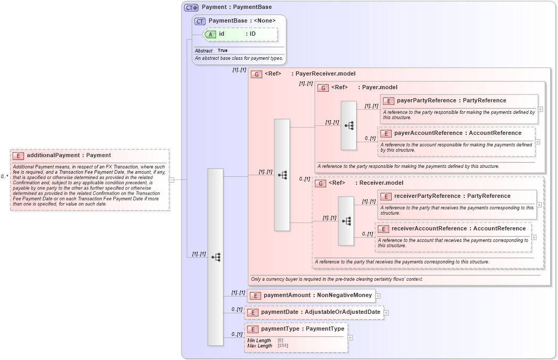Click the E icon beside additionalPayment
point(18,155)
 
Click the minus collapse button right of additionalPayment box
point(171,179)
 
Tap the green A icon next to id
point(210,34)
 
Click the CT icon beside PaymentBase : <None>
point(200,21)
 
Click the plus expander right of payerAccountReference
point(538,142)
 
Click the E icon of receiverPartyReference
point(386,196)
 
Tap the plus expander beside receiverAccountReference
point(534,237)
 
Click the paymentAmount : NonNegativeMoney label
point(318,295)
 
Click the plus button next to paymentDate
point(386,313)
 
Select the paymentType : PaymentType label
point(303,329)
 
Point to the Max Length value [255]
point(283,346)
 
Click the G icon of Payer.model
point(323,88)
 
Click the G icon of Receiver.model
point(320,183)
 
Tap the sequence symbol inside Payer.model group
point(349,126)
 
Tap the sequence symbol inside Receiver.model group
point(346,221)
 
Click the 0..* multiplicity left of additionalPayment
point(4,177)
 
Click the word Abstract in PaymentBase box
point(204,51)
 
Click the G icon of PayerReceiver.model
point(256,75)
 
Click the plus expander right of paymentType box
point(350,337)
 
